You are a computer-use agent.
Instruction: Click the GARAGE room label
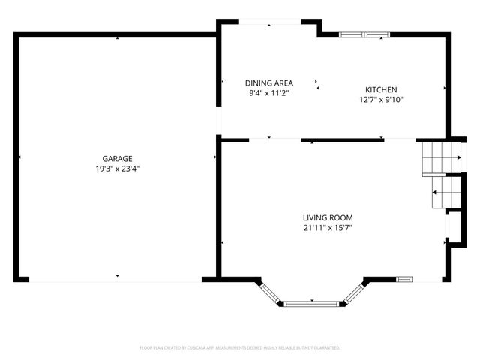pyautogui.click(x=118, y=158)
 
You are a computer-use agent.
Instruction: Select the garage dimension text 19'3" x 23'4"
pyautogui.click(x=118, y=169)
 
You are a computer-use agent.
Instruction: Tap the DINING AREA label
pyautogui.click(x=269, y=82)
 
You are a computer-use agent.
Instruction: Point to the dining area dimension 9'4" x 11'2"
pyautogui.click(x=269, y=93)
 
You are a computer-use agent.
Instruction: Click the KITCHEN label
pyautogui.click(x=381, y=89)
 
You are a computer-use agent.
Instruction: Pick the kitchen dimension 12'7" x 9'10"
pyautogui.click(x=381, y=100)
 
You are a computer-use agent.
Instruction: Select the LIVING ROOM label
pyautogui.click(x=327, y=217)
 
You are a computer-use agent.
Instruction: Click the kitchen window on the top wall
pyautogui.click(x=364, y=34)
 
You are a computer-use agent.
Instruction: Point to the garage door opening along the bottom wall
pyautogui.click(x=116, y=280)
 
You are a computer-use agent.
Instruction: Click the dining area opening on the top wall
pyautogui.click(x=270, y=22)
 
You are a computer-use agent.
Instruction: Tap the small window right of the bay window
pyautogui.click(x=404, y=280)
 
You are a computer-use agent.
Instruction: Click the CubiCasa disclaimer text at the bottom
pyautogui.click(x=240, y=348)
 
